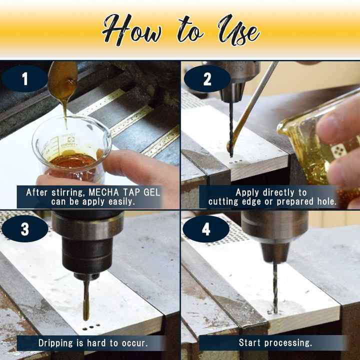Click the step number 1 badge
(25, 79)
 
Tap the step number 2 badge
(207, 79)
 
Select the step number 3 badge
(25, 228)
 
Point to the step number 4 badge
(206, 228)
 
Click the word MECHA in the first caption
(104, 192)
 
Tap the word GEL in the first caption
(152, 192)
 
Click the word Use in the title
(239, 30)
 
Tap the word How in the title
(132, 30)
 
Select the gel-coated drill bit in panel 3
(86, 299)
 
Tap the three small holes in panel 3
(91, 327)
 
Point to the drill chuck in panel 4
(274, 236)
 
